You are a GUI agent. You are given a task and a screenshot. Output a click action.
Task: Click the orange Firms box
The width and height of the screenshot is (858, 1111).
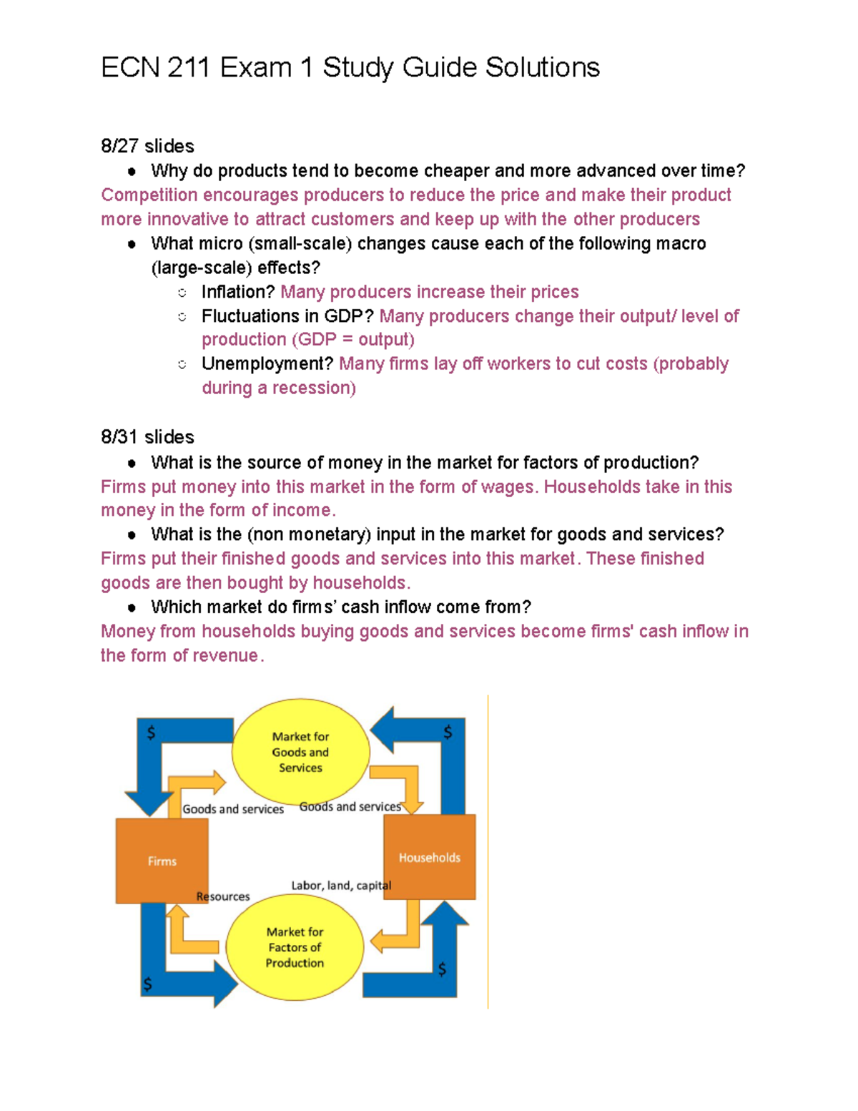click(162, 861)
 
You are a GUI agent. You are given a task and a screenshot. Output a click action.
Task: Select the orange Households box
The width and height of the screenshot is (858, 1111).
click(429, 857)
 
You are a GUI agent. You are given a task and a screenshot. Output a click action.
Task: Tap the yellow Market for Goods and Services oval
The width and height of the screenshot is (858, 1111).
click(300, 752)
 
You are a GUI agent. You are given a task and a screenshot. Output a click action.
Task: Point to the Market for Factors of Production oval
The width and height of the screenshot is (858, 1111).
click(295, 947)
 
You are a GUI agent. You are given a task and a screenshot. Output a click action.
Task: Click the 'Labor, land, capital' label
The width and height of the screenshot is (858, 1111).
click(341, 886)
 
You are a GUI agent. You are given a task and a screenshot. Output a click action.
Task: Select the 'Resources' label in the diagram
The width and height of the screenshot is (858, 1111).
click(223, 896)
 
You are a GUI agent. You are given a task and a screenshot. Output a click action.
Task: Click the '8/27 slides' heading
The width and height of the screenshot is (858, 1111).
click(147, 146)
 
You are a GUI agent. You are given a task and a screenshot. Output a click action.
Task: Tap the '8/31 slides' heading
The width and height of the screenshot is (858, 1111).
click(147, 437)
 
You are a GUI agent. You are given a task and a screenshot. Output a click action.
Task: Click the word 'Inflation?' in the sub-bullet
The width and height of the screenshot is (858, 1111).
click(238, 292)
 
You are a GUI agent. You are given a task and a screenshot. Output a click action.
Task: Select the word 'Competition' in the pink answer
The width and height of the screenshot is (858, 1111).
click(149, 195)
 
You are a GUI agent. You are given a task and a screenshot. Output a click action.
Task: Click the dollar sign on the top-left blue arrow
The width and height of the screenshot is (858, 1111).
click(151, 733)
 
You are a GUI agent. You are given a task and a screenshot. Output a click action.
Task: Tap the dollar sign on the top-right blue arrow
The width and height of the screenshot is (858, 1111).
click(448, 732)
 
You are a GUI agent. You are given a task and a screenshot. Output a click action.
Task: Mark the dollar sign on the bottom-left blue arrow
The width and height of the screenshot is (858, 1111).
click(147, 984)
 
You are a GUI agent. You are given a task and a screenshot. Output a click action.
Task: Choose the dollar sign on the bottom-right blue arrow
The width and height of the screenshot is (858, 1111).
click(443, 969)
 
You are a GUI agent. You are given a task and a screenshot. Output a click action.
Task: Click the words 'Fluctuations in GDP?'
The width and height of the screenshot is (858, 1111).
click(287, 316)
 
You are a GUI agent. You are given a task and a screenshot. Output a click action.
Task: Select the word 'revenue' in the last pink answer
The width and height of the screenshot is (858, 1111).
click(229, 656)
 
